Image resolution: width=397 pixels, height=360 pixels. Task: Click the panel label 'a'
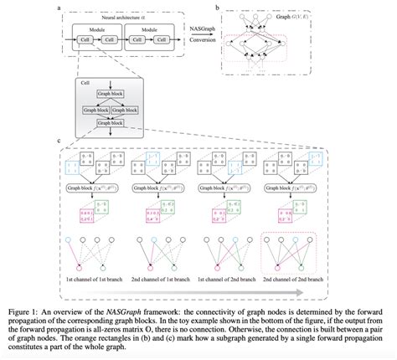54,7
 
